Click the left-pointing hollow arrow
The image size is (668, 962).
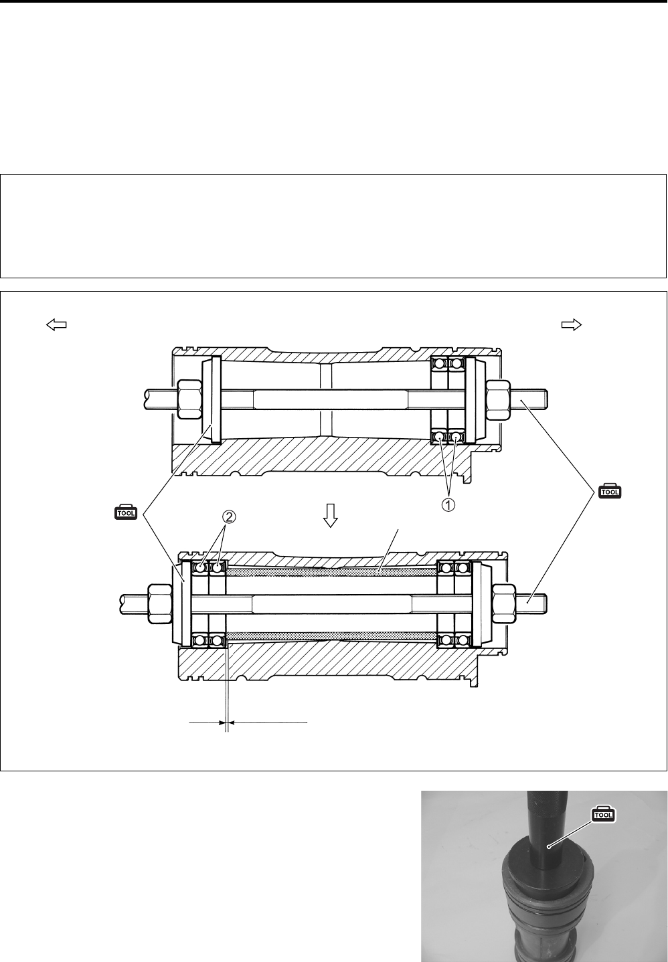tap(56, 325)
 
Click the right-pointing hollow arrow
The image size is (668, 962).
tap(572, 325)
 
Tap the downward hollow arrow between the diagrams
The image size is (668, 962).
tap(331, 515)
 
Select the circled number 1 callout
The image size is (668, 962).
tap(448, 505)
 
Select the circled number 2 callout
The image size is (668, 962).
tap(229, 516)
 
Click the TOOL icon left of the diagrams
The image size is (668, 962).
tap(125, 512)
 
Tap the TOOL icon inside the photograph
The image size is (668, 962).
tap(604, 814)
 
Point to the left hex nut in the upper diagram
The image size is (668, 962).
tap(189, 399)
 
